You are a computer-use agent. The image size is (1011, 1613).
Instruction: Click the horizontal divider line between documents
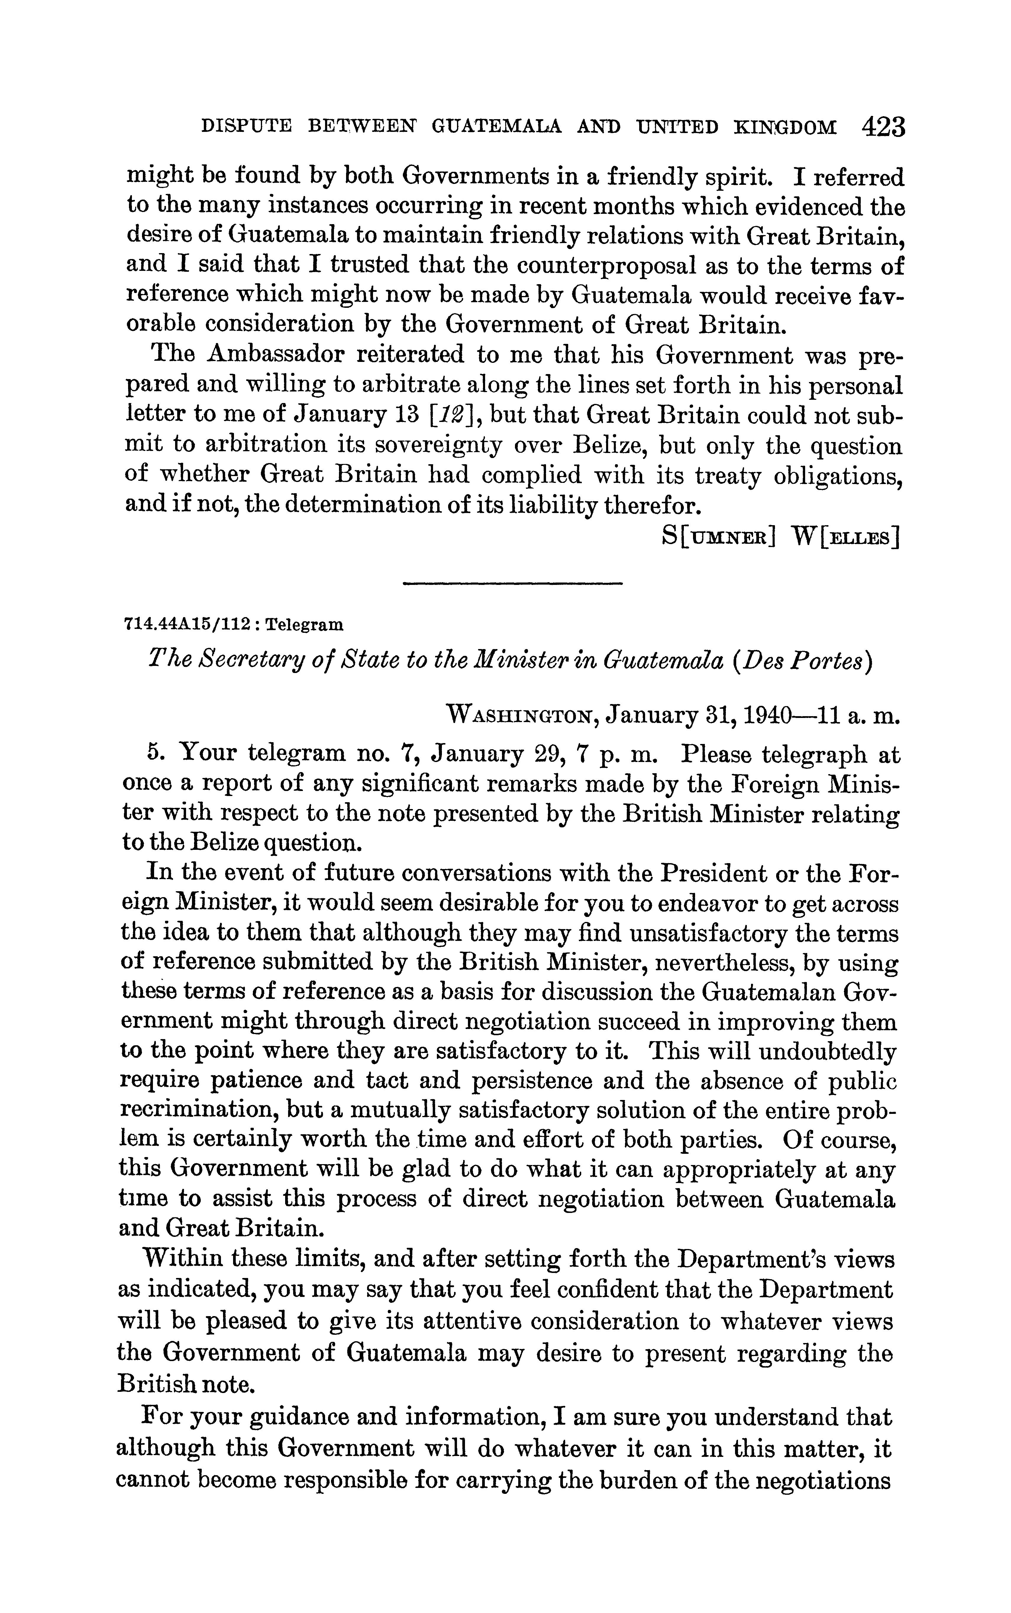tap(513, 584)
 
